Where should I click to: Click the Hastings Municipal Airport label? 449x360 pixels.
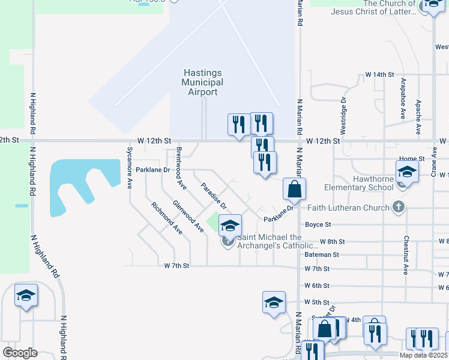(203, 82)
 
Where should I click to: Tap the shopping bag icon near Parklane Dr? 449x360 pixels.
(295, 189)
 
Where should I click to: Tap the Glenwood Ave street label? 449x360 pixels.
(188, 215)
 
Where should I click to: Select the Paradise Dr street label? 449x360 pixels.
(213, 196)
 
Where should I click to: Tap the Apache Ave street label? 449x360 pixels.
(418, 116)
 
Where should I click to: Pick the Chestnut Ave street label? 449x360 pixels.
(406, 255)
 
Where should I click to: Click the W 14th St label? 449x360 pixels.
(379, 74)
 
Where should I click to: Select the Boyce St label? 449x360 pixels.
(318, 224)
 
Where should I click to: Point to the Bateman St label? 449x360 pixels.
(322, 254)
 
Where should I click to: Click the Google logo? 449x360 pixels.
(20, 353)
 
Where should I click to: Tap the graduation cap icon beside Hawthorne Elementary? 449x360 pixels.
(407, 173)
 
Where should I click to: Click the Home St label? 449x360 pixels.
(412, 158)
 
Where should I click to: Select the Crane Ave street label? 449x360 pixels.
(433, 163)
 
